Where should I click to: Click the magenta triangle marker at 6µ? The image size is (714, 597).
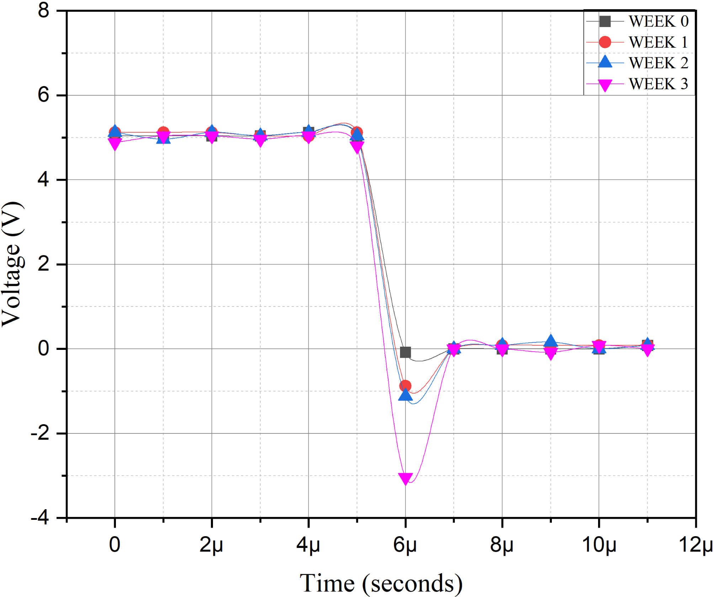click(x=405, y=478)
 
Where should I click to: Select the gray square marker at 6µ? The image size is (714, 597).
click(x=405, y=352)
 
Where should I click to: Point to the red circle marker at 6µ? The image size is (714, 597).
click(x=405, y=385)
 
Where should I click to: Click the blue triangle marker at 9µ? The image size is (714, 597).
click(x=550, y=341)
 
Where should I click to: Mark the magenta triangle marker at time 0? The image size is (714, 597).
click(x=114, y=144)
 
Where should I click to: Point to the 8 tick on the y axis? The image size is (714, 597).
click(x=43, y=11)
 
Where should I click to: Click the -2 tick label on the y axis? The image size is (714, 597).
click(x=40, y=433)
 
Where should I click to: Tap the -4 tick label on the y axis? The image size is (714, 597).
click(x=40, y=518)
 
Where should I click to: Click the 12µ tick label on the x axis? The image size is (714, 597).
click(x=696, y=545)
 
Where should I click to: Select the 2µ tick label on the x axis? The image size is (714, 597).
click(x=211, y=545)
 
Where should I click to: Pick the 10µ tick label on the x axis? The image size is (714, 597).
click(x=599, y=545)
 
